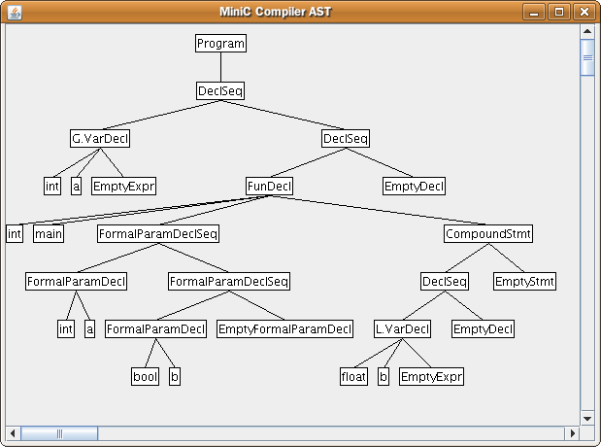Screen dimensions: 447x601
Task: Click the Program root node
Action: point(220,44)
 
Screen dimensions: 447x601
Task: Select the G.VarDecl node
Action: point(100,139)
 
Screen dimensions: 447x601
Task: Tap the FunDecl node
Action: point(269,187)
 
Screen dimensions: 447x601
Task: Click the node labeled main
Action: point(48,234)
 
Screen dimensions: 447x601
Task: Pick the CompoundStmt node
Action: point(488,234)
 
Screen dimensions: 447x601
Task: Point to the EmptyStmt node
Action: point(524,282)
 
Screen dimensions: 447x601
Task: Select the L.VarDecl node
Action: point(402,329)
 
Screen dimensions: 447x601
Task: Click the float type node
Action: point(353,377)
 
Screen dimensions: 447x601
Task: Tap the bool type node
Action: point(145,377)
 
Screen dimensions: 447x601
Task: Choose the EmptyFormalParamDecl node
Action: point(284,329)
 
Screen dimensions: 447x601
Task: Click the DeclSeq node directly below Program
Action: point(220,91)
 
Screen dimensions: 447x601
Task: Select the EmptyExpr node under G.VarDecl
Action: point(124,187)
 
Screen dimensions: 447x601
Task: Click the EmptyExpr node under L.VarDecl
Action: point(431,377)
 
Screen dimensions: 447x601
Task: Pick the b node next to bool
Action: point(175,377)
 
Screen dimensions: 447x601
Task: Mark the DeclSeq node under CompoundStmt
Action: point(445,282)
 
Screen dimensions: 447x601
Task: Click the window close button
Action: point(583,12)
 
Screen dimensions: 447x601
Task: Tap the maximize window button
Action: point(559,12)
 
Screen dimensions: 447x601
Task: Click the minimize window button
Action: point(536,12)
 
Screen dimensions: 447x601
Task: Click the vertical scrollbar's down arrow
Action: point(587,417)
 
